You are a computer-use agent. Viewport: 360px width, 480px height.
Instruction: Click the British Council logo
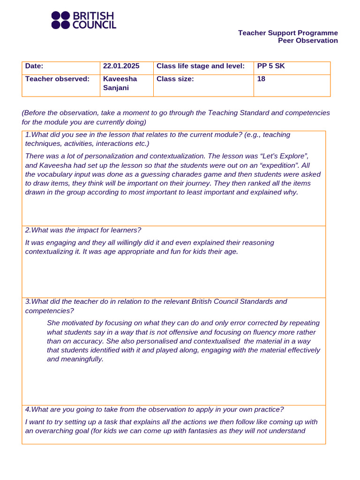point(83,21)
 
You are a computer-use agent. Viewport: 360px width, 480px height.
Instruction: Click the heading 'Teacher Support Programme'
point(288,33)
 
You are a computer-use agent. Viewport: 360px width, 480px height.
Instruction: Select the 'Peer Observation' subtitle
point(307,40)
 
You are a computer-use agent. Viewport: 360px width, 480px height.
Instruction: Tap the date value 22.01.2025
point(121,66)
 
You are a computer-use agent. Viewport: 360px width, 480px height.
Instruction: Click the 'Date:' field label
point(34,66)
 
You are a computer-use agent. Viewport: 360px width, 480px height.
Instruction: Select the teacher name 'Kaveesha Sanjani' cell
point(120,83)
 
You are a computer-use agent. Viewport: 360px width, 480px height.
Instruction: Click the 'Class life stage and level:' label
point(201,66)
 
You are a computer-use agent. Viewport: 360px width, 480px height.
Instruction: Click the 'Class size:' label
point(175,79)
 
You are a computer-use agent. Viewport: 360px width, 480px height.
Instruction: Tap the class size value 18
point(261,79)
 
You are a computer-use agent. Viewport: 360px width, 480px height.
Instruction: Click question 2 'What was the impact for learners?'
point(83,230)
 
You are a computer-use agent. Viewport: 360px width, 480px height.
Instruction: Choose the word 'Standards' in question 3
point(256,301)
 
